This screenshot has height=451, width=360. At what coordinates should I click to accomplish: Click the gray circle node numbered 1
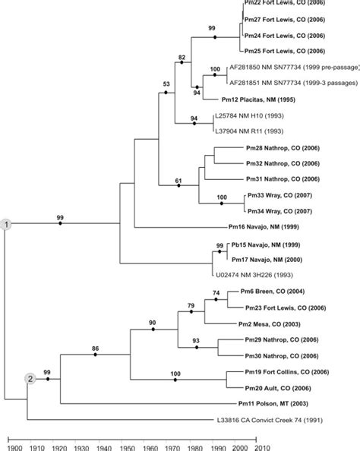6,225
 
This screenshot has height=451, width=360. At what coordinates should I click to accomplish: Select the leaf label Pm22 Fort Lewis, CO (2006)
282,5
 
